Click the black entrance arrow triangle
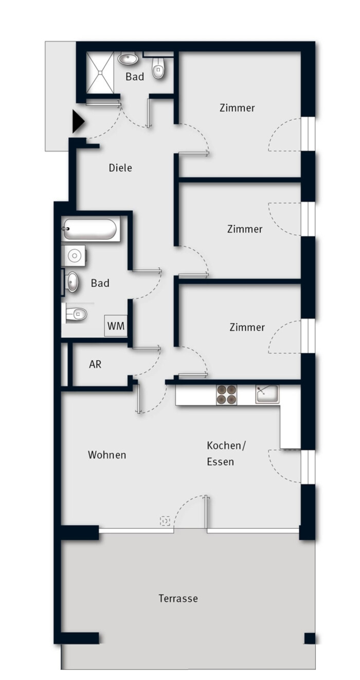click(78, 121)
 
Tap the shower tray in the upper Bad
click(99, 73)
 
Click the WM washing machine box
click(116, 326)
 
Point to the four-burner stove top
click(226, 395)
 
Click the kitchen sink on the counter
click(267, 394)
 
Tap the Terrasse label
click(178, 598)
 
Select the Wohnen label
click(107, 455)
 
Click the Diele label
click(120, 168)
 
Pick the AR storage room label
click(95, 364)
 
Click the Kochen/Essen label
click(226, 453)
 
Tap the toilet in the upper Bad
click(158, 68)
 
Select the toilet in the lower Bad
click(76, 314)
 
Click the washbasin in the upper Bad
click(128, 58)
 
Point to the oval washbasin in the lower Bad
click(72, 282)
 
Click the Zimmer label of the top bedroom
click(237, 108)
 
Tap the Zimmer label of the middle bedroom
click(245, 229)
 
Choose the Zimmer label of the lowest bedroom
click(247, 327)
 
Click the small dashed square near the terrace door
click(165, 521)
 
